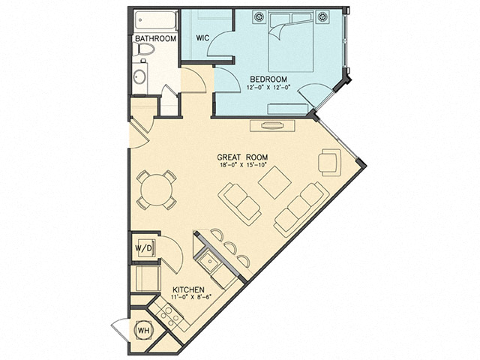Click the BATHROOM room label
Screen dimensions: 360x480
[x=155, y=38]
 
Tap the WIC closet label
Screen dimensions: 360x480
[x=202, y=37]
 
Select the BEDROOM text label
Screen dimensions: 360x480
[x=269, y=78]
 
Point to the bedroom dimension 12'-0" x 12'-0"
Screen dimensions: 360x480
[x=269, y=87]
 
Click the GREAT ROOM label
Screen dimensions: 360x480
[x=242, y=157]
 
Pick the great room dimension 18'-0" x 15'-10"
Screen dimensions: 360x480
[x=242, y=166]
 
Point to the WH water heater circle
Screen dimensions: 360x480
[x=141, y=330]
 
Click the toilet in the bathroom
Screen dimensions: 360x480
[x=145, y=51]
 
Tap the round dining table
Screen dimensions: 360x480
[x=154, y=189]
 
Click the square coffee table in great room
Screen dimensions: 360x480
[x=274, y=181]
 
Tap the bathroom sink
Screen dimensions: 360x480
[x=139, y=76]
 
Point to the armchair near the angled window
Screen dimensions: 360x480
[x=329, y=161]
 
